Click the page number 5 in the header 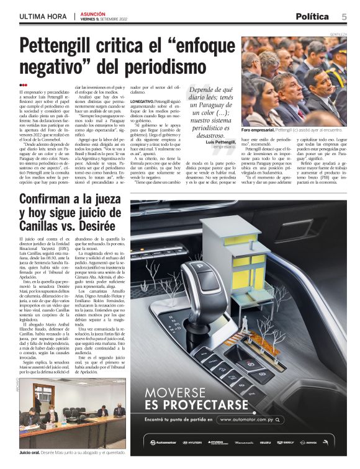click(343, 17)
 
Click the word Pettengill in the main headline click(63, 47)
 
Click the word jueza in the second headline click(104, 200)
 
